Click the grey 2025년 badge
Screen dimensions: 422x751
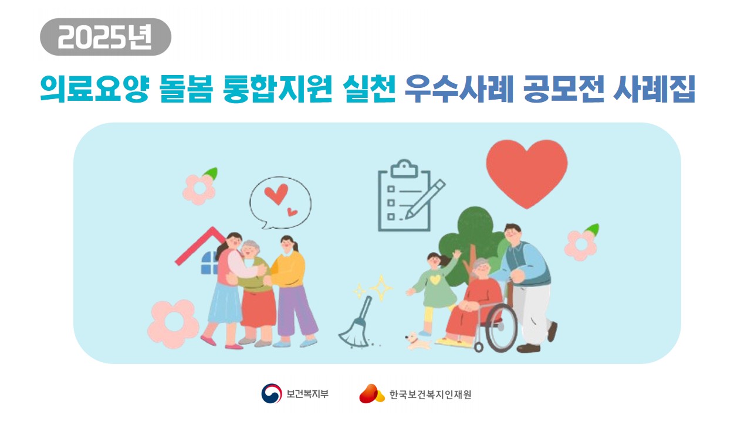[106, 37]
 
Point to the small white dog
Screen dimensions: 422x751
[418, 340]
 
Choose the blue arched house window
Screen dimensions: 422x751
[209, 264]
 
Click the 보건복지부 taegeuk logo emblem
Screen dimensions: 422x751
[272, 393]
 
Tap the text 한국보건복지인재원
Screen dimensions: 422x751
[430, 394]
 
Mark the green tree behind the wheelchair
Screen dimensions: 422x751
[469, 234]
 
